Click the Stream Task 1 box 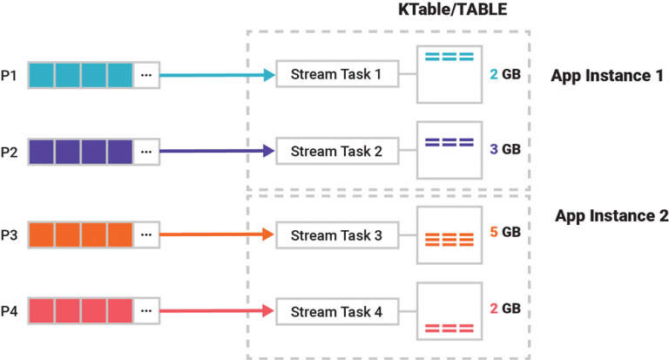[x=336, y=75]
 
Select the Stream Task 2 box [x=336, y=152]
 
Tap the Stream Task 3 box [x=336, y=234]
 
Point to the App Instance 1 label [x=606, y=75]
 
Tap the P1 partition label [x=10, y=75]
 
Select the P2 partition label [x=10, y=152]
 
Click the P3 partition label [x=10, y=234]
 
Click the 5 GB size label [x=505, y=233]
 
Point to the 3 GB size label [x=505, y=149]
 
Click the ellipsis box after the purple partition [x=146, y=152]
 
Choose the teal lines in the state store [x=449, y=58]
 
